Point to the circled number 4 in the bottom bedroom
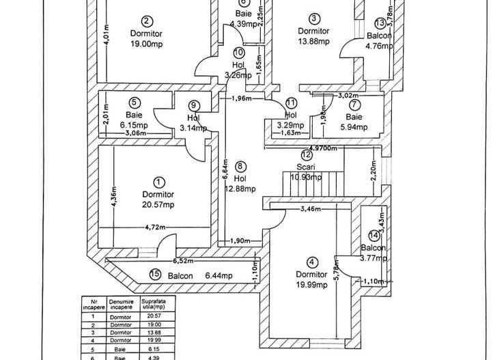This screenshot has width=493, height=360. [312, 262]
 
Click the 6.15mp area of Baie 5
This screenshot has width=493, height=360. [133, 126]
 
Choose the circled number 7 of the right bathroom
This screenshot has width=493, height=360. [354, 105]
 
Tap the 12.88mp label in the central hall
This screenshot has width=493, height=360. [240, 189]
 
